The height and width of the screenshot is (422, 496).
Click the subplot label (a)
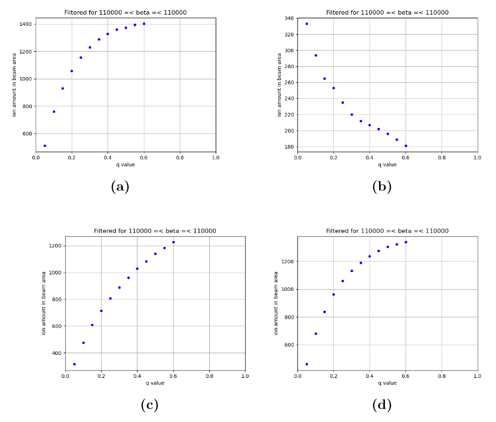[119, 187]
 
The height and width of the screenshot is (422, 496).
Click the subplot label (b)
[381, 187]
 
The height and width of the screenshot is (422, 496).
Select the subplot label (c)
[149, 405]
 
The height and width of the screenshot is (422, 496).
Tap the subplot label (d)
[381, 405]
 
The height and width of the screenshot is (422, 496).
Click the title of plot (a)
[125, 12]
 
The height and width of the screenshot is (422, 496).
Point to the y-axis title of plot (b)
[280, 85]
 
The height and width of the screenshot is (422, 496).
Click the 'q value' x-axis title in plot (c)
[155, 383]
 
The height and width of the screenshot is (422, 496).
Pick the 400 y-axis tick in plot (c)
[56, 353]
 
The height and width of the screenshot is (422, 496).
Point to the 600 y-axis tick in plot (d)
[288, 345]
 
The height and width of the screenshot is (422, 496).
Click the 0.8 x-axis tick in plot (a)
[180, 158]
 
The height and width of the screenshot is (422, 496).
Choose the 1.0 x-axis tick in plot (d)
[477, 377]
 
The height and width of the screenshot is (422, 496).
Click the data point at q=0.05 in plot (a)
[45, 146]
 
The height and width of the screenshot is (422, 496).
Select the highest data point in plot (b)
[307, 24]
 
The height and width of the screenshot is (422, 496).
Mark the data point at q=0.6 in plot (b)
[405, 146]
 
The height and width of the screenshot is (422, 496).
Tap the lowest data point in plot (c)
[74, 364]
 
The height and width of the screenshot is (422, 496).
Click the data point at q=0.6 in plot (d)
[405, 242]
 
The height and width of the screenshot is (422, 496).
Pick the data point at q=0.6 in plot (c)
[173, 242]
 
